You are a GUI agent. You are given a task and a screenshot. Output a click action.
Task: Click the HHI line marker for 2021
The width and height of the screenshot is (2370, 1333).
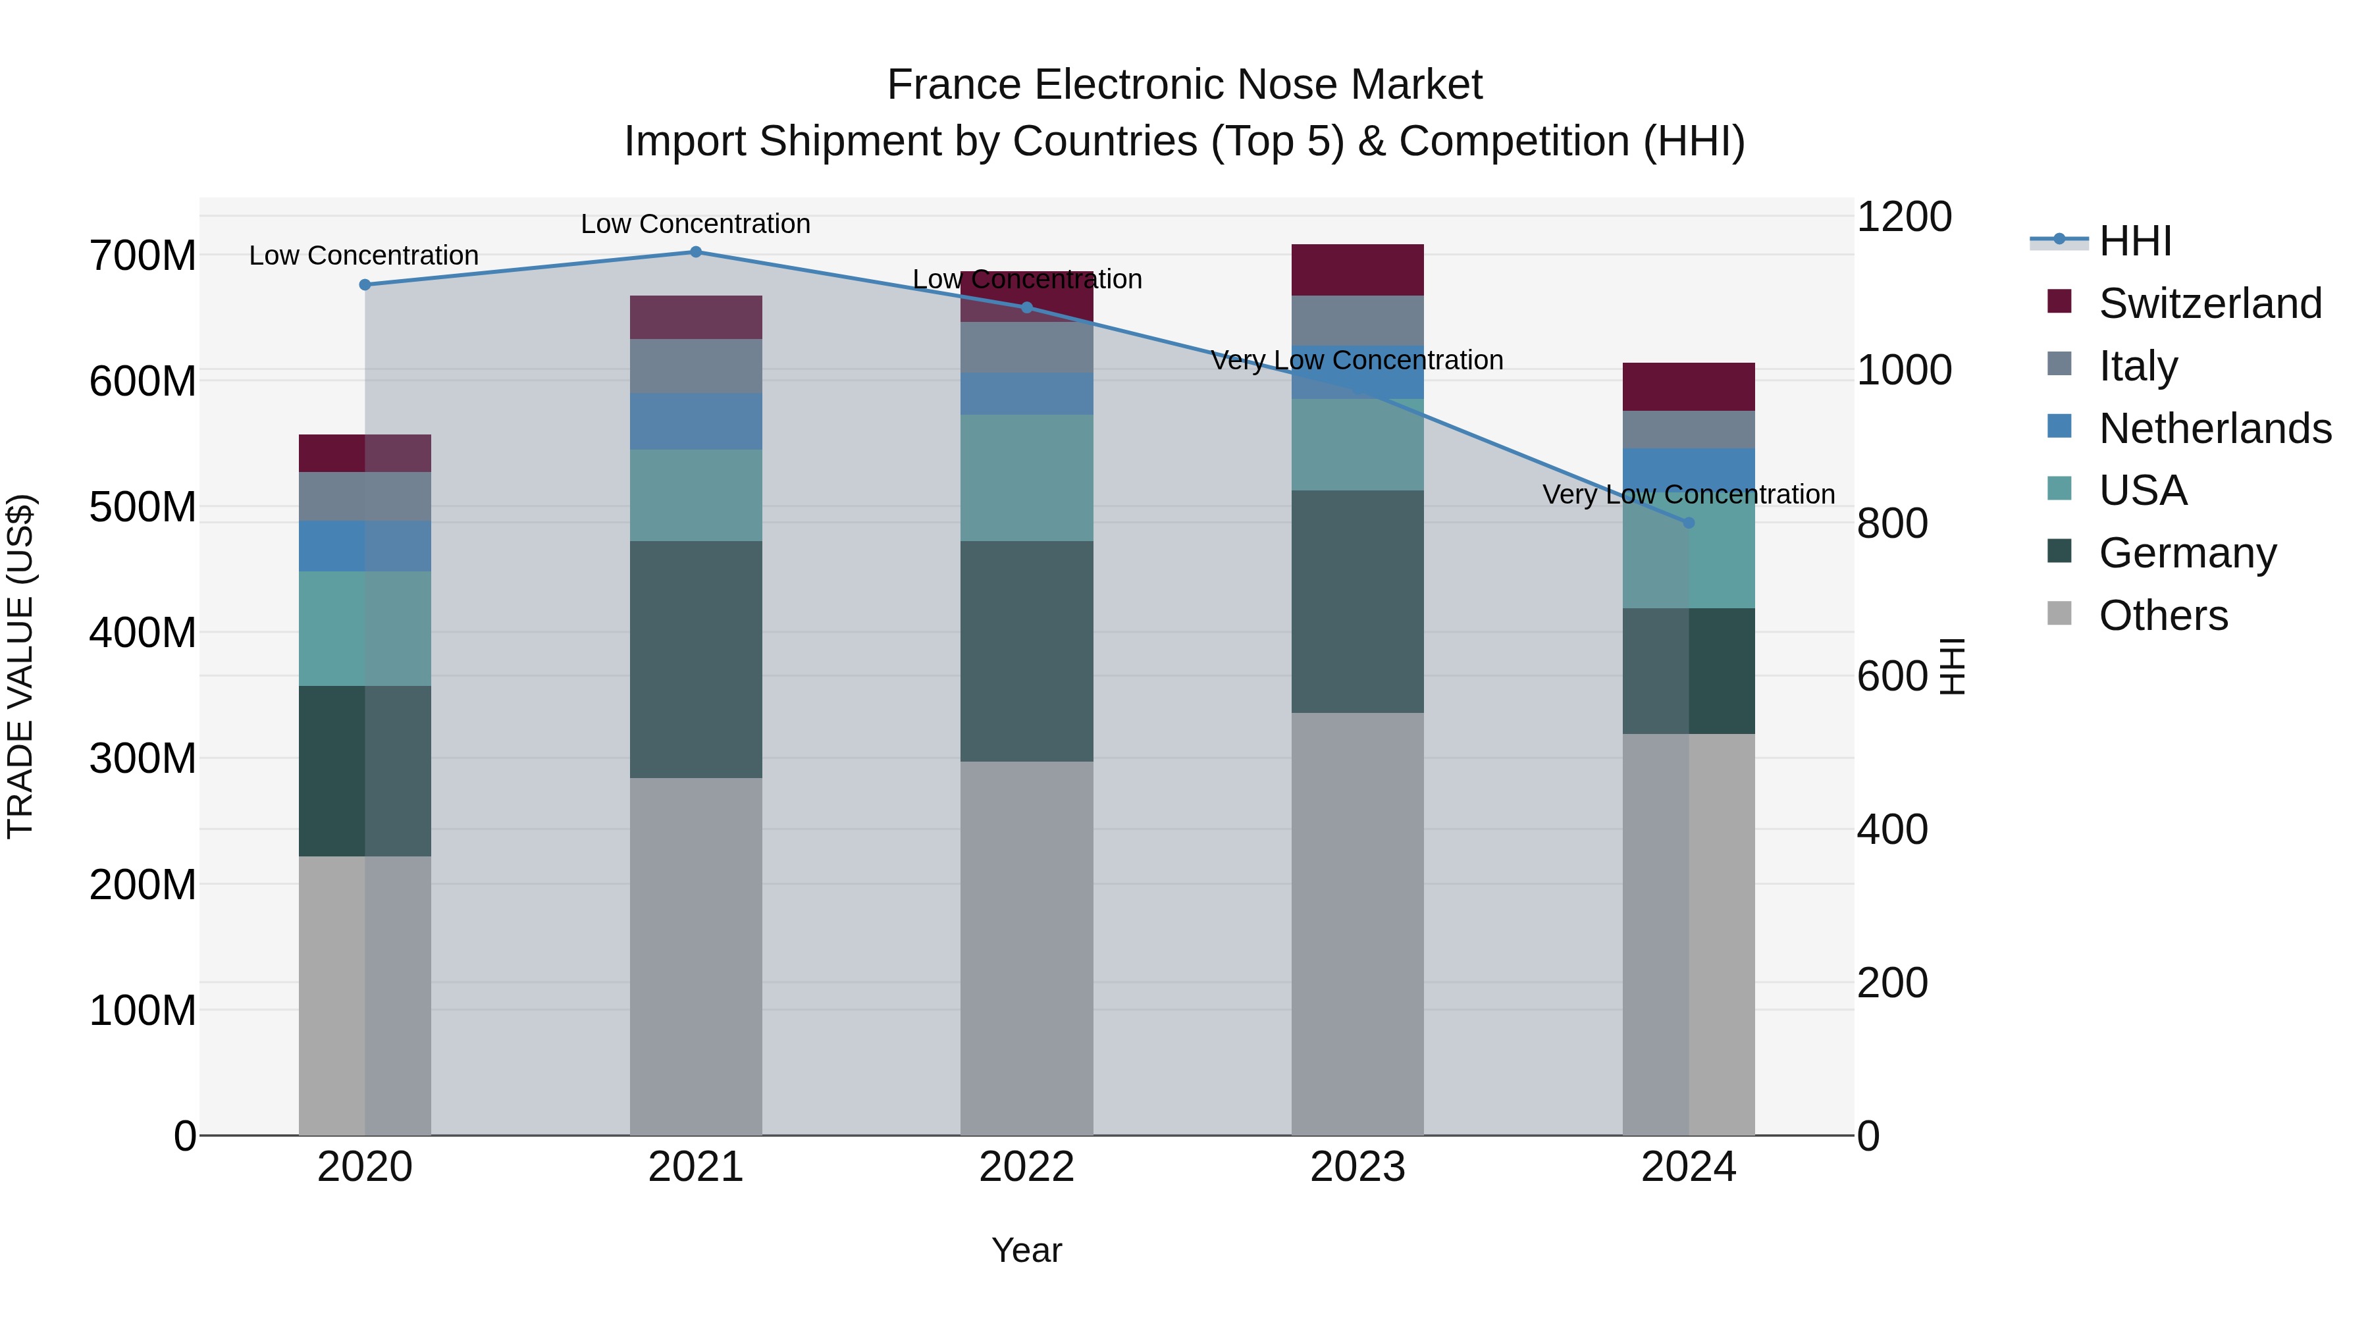point(696,252)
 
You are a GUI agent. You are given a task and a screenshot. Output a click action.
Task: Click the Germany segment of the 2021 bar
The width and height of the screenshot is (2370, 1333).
point(696,659)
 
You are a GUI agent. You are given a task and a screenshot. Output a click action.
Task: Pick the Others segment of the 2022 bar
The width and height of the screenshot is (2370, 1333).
point(1027,947)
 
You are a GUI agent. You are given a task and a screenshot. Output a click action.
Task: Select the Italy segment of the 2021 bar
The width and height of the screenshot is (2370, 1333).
point(696,366)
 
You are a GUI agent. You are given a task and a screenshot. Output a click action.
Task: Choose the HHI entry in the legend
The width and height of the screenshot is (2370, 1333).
point(2134,241)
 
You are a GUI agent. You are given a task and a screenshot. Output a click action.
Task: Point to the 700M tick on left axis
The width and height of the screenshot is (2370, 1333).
point(142,256)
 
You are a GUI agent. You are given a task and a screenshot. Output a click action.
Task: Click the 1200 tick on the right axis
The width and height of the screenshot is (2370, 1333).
point(1903,217)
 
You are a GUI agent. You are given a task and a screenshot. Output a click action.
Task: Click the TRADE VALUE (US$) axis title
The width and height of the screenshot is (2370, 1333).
point(20,666)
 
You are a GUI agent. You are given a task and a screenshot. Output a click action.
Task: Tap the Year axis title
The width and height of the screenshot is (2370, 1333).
point(1027,1250)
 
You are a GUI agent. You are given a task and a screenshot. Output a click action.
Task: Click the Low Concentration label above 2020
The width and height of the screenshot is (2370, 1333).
point(363,256)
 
